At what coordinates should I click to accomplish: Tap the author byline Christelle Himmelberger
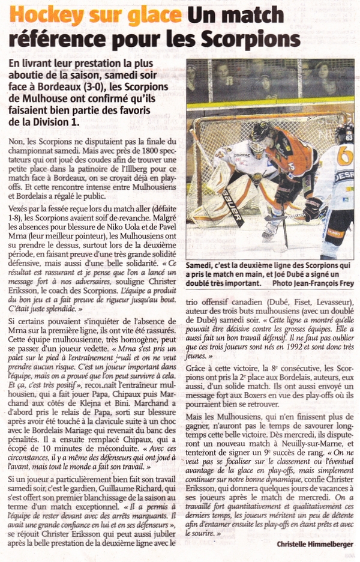click(x=316, y=544)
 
